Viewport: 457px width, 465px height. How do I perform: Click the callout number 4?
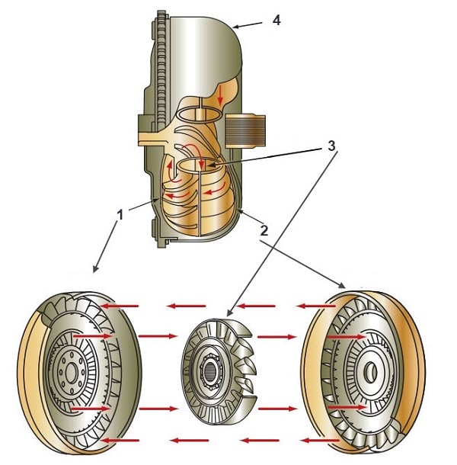(276, 20)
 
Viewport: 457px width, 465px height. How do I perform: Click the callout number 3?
(332, 145)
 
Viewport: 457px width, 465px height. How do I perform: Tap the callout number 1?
(119, 216)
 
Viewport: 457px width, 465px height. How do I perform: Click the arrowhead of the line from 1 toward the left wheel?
(94, 270)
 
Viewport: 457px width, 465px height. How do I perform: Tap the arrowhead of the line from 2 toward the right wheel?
(345, 287)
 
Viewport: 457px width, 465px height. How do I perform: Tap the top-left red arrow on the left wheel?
(121, 306)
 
